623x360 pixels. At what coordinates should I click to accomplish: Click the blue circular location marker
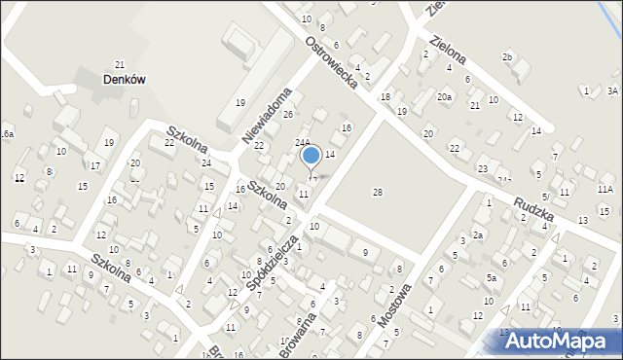pos(311,155)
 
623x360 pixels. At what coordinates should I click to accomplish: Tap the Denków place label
pos(124,81)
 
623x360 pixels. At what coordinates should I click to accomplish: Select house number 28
pos(378,192)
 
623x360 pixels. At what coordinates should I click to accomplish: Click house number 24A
pos(303,142)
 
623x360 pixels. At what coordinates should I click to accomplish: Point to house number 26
pos(288,115)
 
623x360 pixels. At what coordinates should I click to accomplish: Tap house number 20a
pos(444,96)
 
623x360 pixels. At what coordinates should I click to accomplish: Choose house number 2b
pos(506,57)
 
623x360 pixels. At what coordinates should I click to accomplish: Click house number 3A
pos(612,90)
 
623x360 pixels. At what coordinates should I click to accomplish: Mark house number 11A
pos(605,189)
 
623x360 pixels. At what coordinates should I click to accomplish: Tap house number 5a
pos(493,278)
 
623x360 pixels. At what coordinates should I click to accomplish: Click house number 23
pos(483,169)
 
